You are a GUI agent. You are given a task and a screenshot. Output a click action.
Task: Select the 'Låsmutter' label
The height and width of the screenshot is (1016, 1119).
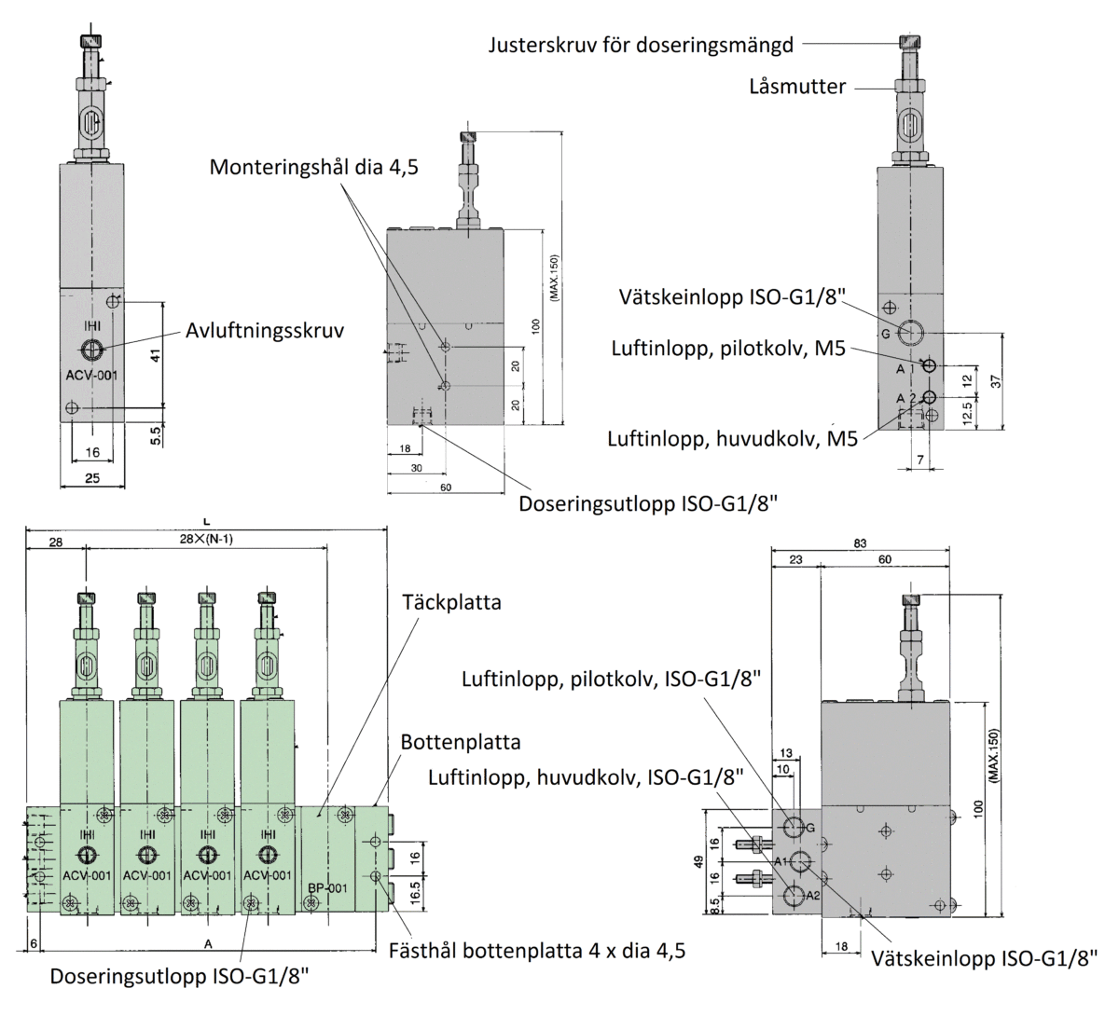point(797,87)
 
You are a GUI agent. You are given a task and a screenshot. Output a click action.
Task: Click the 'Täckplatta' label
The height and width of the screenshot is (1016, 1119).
point(451,602)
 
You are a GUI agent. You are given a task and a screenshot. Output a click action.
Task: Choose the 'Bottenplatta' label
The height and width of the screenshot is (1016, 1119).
point(461,743)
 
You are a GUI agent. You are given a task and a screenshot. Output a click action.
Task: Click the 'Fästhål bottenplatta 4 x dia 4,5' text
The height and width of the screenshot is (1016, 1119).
point(536,952)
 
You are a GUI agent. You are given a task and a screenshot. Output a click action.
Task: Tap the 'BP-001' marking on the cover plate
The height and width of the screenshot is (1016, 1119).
point(327,888)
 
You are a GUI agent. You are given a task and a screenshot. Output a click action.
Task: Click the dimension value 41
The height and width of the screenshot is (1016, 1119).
point(157,354)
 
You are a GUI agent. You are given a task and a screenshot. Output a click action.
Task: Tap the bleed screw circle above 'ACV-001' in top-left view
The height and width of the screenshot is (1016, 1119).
point(91,350)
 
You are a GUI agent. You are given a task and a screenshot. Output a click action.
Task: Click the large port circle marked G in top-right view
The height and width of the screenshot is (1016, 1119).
point(911,331)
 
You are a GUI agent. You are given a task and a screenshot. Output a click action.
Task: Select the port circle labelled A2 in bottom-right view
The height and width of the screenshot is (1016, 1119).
point(794,896)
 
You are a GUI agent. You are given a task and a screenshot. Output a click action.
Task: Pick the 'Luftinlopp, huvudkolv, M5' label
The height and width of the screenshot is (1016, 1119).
point(732,438)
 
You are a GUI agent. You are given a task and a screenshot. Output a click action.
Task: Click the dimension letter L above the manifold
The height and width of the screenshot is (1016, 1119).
point(205,521)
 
